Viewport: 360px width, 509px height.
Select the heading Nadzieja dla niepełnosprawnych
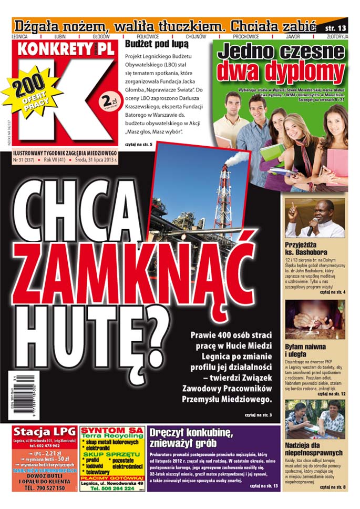pyautogui.click(x=314, y=449)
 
